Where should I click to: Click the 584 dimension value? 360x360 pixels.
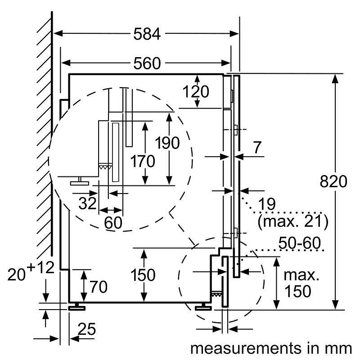point(147,34)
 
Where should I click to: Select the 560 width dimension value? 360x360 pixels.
point(147,63)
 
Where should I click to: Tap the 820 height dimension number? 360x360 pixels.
point(333,181)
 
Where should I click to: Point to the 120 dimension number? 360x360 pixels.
point(196,91)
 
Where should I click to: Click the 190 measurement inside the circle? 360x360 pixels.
point(167,143)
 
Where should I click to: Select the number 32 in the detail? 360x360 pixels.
point(87,203)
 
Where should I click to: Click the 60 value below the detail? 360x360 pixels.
point(113,222)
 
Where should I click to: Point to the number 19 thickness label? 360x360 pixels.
point(267,203)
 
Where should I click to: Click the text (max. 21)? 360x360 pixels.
point(292,221)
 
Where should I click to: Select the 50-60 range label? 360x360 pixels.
point(299,243)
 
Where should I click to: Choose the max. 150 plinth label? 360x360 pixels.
point(297,283)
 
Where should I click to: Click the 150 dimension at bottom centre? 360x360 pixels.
point(143,275)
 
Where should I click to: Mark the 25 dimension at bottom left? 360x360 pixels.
point(87,330)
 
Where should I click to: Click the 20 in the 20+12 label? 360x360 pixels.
point(17,274)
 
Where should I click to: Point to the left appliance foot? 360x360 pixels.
point(78,307)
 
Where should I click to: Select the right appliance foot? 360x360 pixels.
point(204,307)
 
